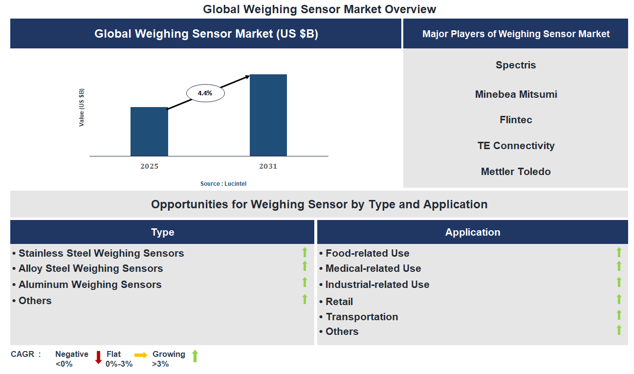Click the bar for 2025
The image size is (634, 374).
tap(149, 132)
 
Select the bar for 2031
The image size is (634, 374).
tap(268, 115)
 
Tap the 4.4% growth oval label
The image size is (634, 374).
tap(205, 92)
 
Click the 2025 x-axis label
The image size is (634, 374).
tap(149, 166)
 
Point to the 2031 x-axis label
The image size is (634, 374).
tap(268, 166)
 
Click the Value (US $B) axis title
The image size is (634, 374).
tap(82, 108)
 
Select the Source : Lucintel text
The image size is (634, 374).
tap(223, 184)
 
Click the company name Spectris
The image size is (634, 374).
tap(516, 65)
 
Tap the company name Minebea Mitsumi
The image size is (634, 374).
tap(516, 94)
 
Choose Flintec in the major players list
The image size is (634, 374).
tap(516, 120)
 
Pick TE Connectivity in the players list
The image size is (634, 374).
tap(516, 146)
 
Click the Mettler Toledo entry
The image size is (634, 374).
tap(516, 172)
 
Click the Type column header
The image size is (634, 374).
tap(162, 232)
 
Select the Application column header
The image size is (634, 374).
tap(472, 232)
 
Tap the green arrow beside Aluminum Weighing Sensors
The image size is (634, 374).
tap(305, 283)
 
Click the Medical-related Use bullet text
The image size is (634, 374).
tap(373, 268)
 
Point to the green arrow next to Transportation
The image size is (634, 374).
tap(618, 315)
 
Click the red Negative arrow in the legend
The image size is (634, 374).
tap(98, 357)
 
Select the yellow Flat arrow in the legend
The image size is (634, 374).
tap(141, 355)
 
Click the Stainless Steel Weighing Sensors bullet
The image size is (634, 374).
tap(101, 253)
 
